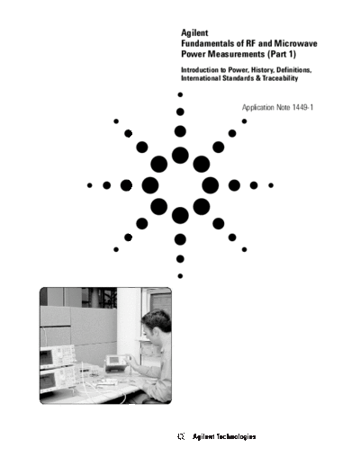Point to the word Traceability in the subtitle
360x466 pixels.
280,78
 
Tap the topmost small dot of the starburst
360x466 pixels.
180,94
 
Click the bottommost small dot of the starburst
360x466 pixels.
180,276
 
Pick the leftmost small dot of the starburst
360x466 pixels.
89,185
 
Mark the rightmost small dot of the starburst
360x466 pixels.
271,185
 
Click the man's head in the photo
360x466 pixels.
157,323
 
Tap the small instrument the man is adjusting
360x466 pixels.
116,363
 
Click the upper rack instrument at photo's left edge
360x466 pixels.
58,356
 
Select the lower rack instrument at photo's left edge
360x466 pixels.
59,379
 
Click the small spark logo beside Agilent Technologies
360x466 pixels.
181,436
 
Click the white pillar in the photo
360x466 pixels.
129,324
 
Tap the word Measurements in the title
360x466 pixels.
238,54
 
